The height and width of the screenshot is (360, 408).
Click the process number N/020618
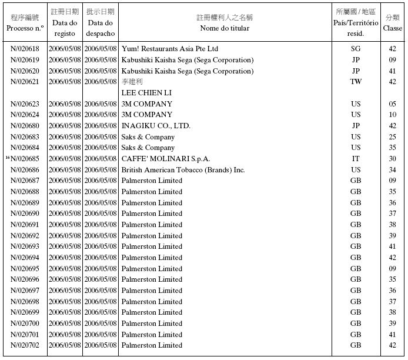tap(25, 49)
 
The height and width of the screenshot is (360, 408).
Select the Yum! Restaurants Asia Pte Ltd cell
tap(169, 49)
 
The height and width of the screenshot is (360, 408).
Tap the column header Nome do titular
tap(224, 28)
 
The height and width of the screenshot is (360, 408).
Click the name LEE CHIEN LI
tap(146, 92)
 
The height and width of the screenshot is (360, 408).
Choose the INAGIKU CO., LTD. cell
tap(156, 125)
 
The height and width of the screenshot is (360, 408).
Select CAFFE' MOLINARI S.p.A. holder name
tap(166, 159)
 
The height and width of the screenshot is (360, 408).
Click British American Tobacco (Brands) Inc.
tap(183, 170)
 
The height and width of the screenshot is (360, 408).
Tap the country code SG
tap(356, 49)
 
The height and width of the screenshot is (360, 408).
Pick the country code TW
tap(356, 82)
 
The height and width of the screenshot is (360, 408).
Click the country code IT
tap(356, 159)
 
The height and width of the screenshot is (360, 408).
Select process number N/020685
tap(25, 159)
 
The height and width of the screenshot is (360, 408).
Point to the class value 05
tap(392, 104)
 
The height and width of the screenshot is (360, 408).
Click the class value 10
tap(392, 115)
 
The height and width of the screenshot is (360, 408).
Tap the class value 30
tap(392, 159)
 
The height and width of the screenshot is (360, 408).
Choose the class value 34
tap(392, 170)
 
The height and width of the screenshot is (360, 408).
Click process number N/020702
tap(25, 345)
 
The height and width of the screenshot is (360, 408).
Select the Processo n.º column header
tap(25, 28)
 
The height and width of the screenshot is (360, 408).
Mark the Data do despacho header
tap(101, 28)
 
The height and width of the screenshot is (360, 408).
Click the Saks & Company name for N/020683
tap(148, 136)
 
